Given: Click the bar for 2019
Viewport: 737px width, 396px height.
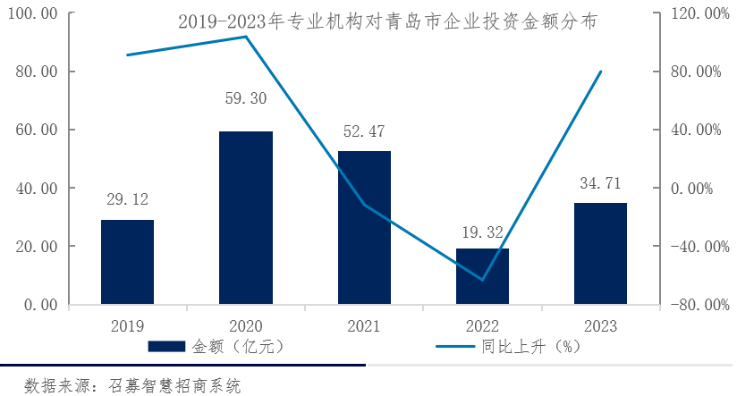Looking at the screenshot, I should coord(127,262).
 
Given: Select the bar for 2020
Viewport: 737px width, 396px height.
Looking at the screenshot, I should coord(246,218).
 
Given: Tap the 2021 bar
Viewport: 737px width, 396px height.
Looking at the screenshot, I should coord(364,228).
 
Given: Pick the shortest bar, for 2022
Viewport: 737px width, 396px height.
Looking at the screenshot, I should coord(482,276).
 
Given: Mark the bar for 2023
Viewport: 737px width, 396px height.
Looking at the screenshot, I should coord(600,254).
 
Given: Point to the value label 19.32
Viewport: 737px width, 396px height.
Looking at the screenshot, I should coord(482,232).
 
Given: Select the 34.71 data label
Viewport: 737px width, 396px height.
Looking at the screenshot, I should coord(600,185).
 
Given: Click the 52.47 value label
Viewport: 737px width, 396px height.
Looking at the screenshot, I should coord(364,132).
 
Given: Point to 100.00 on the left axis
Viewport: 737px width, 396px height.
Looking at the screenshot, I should coord(33,13).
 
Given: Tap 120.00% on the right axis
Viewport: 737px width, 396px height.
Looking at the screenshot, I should coord(693,13).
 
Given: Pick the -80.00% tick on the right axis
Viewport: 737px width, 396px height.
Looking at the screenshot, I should coord(693,305).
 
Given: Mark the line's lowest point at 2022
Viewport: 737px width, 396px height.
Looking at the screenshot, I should coord(482,280).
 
